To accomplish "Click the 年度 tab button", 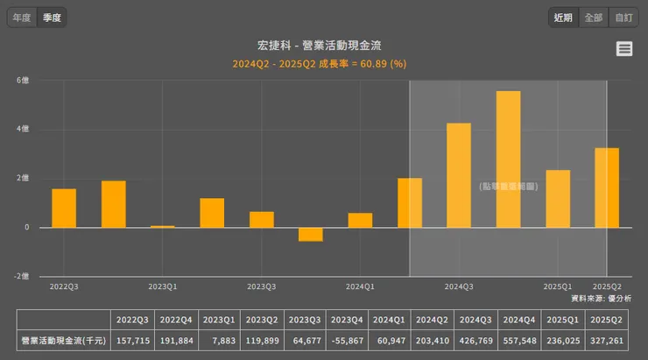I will tap(22, 18).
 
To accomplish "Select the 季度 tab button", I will tap(52, 18).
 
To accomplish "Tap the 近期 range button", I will tap(563, 18).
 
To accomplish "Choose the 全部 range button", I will tap(593, 18).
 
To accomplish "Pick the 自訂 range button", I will tap(623, 18).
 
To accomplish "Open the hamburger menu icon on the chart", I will tap(624, 49).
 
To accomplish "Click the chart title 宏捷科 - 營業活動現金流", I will tap(324, 46).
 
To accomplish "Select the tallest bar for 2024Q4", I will tap(508, 159).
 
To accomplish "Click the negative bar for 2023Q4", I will tap(310, 234).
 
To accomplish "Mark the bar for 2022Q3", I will tap(64, 208).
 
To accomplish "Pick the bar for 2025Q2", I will tap(607, 187).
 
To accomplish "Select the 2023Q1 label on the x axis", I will tap(163, 286).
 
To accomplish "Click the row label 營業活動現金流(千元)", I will tap(64, 341).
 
